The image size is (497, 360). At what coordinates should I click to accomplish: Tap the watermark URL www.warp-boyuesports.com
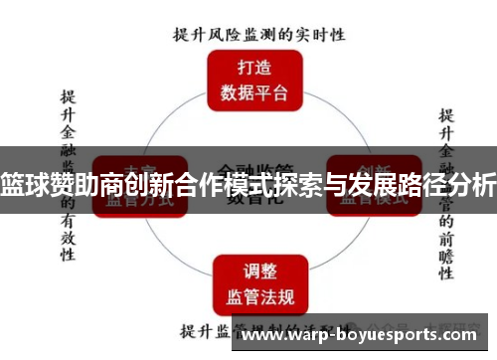(364, 336)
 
